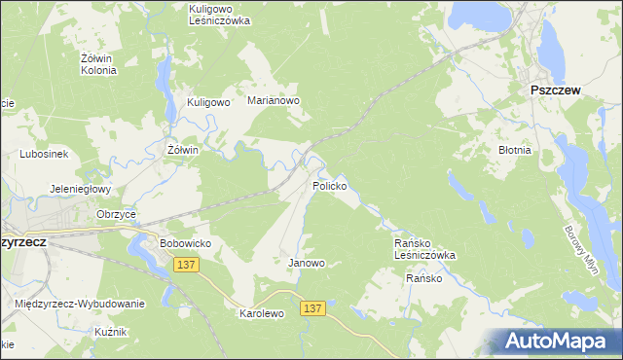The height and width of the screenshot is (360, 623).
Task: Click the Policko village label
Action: [329, 185]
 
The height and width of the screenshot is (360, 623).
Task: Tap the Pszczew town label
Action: [555, 90]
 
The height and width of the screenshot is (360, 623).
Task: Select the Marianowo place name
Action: [273, 100]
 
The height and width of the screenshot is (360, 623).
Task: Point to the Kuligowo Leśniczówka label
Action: [219, 14]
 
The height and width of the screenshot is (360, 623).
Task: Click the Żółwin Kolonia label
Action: [98, 64]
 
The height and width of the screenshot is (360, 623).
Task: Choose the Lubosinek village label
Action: [42, 154]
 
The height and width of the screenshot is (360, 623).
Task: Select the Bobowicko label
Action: [185, 242]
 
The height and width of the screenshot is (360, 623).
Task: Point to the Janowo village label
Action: [307, 263]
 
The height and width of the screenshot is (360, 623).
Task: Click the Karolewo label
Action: [261, 314]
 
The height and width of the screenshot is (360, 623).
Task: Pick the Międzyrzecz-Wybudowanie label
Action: [80, 304]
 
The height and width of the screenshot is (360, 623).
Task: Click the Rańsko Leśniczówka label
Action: [423, 249]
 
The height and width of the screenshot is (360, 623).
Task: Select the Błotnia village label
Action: [514, 151]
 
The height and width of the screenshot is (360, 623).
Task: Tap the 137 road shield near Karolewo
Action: [311, 308]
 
